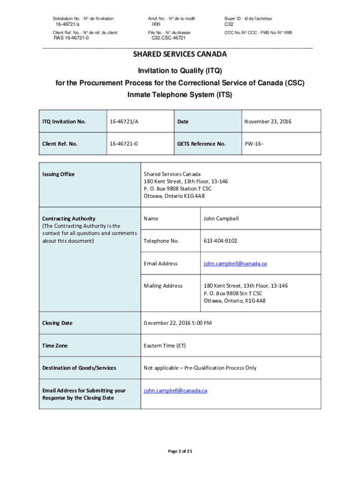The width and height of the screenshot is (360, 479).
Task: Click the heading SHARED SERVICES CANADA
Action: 180,54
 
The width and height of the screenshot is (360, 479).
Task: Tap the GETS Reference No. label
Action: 202,144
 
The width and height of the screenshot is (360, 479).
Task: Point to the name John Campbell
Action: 222,218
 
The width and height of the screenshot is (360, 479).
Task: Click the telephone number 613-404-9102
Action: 220,241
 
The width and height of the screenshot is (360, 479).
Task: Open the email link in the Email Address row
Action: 235,263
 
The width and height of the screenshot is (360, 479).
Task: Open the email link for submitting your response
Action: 175,390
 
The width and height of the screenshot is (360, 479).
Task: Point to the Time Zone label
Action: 55,346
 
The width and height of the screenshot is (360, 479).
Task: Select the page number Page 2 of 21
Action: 180,451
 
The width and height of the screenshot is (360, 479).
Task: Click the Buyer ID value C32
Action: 229,24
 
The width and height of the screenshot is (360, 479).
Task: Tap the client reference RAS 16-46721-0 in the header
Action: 71,38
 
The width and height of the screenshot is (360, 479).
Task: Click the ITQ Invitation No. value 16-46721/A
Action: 124,122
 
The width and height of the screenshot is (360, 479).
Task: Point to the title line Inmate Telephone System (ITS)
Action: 180,94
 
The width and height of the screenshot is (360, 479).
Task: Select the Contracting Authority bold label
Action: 69,218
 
